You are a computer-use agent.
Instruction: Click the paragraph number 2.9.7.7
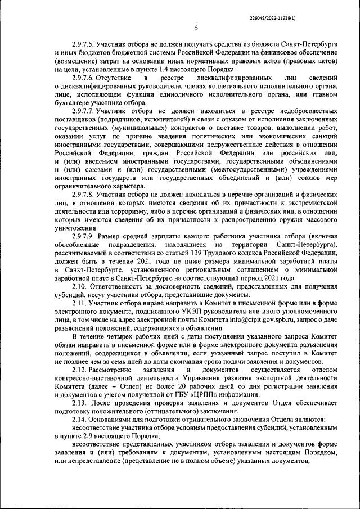83,111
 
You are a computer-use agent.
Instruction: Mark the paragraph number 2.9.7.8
83,194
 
